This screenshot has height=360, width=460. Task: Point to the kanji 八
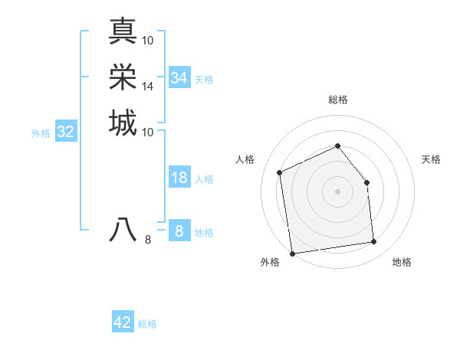(x=123, y=229)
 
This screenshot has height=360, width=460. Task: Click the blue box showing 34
(x=179, y=78)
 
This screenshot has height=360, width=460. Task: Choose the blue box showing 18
(x=179, y=178)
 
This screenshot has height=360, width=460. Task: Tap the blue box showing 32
(x=66, y=132)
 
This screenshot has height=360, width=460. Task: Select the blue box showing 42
(x=123, y=322)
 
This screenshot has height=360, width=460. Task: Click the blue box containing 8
(x=179, y=231)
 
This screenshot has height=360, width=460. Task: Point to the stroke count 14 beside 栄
(x=148, y=87)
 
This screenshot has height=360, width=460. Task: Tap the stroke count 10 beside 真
(x=148, y=40)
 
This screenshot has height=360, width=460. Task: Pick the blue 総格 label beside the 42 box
(x=147, y=324)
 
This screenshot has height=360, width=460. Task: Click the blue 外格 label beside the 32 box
(x=41, y=133)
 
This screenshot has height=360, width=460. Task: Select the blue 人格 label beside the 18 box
(x=204, y=179)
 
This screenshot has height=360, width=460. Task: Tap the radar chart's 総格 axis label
(x=338, y=100)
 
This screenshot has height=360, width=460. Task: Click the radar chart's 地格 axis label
(x=402, y=262)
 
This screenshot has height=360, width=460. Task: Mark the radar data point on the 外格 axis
(x=292, y=254)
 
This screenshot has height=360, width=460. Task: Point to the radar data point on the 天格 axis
(x=366, y=182)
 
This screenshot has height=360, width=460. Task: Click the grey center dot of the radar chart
(x=337, y=191)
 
